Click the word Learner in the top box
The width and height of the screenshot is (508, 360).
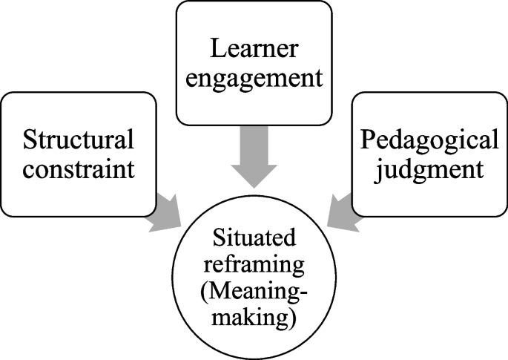pos(254,49)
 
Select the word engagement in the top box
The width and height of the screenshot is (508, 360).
pos(254,77)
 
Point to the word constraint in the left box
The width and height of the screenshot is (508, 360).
pos(79,168)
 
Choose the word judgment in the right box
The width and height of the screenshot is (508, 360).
pos(429,168)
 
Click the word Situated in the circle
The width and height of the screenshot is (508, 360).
pos(254,237)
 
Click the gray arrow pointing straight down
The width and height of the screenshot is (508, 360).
pos(254,156)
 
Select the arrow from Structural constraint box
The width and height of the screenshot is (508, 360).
pos(165,212)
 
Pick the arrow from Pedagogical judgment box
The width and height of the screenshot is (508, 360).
pos(343,212)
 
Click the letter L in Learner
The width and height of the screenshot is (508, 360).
pos(214,49)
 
